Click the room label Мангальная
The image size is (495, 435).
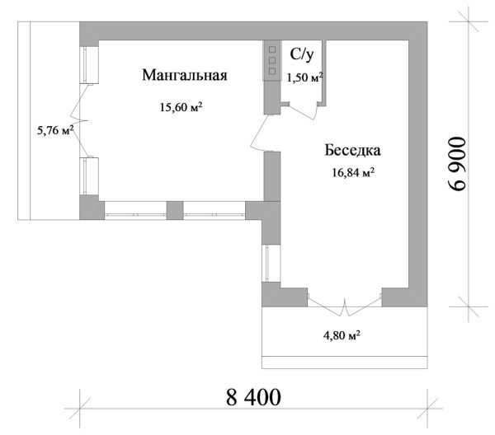click(185, 75)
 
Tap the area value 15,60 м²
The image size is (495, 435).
click(181, 107)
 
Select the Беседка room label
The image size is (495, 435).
click(352, 150)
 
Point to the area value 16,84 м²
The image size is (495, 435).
click(353, 172)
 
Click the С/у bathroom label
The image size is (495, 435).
click(302, 54)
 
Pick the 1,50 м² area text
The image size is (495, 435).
click(304, 77)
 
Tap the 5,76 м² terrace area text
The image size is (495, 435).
click(55, 130)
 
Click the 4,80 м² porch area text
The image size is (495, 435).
click(342, 335)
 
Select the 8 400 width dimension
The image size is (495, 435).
click(253, 397)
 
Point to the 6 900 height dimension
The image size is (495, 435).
click(457, 164)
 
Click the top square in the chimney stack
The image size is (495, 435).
click(272, 49)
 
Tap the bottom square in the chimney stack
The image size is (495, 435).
click(272, 72)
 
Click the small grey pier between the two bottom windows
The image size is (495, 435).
click(175, 210)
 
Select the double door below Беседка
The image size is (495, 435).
click(344, 306)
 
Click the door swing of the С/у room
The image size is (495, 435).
click(303, 110)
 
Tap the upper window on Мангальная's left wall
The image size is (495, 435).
click(89, 65)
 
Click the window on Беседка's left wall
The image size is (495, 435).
click(271, 264)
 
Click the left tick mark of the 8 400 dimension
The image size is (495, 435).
click(80, 409)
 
